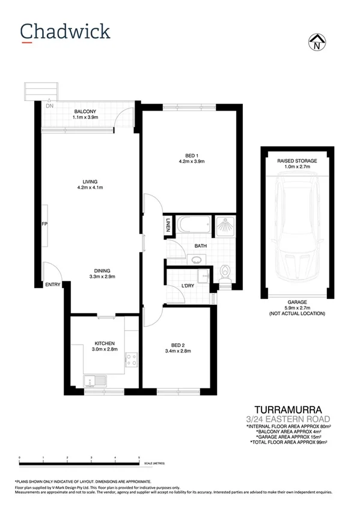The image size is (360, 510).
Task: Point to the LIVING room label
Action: [91, 182]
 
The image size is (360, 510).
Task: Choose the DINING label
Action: [102, 271]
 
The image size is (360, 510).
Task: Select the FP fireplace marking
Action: [44, 224]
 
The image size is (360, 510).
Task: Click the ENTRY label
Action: [53, 285]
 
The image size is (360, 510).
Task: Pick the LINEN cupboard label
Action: [167, 226]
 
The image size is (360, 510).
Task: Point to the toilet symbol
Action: [225, 272]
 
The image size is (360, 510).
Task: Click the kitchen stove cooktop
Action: [130, 360]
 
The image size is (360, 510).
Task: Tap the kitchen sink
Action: [95, 379]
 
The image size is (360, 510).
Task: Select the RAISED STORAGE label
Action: [297, 162]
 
